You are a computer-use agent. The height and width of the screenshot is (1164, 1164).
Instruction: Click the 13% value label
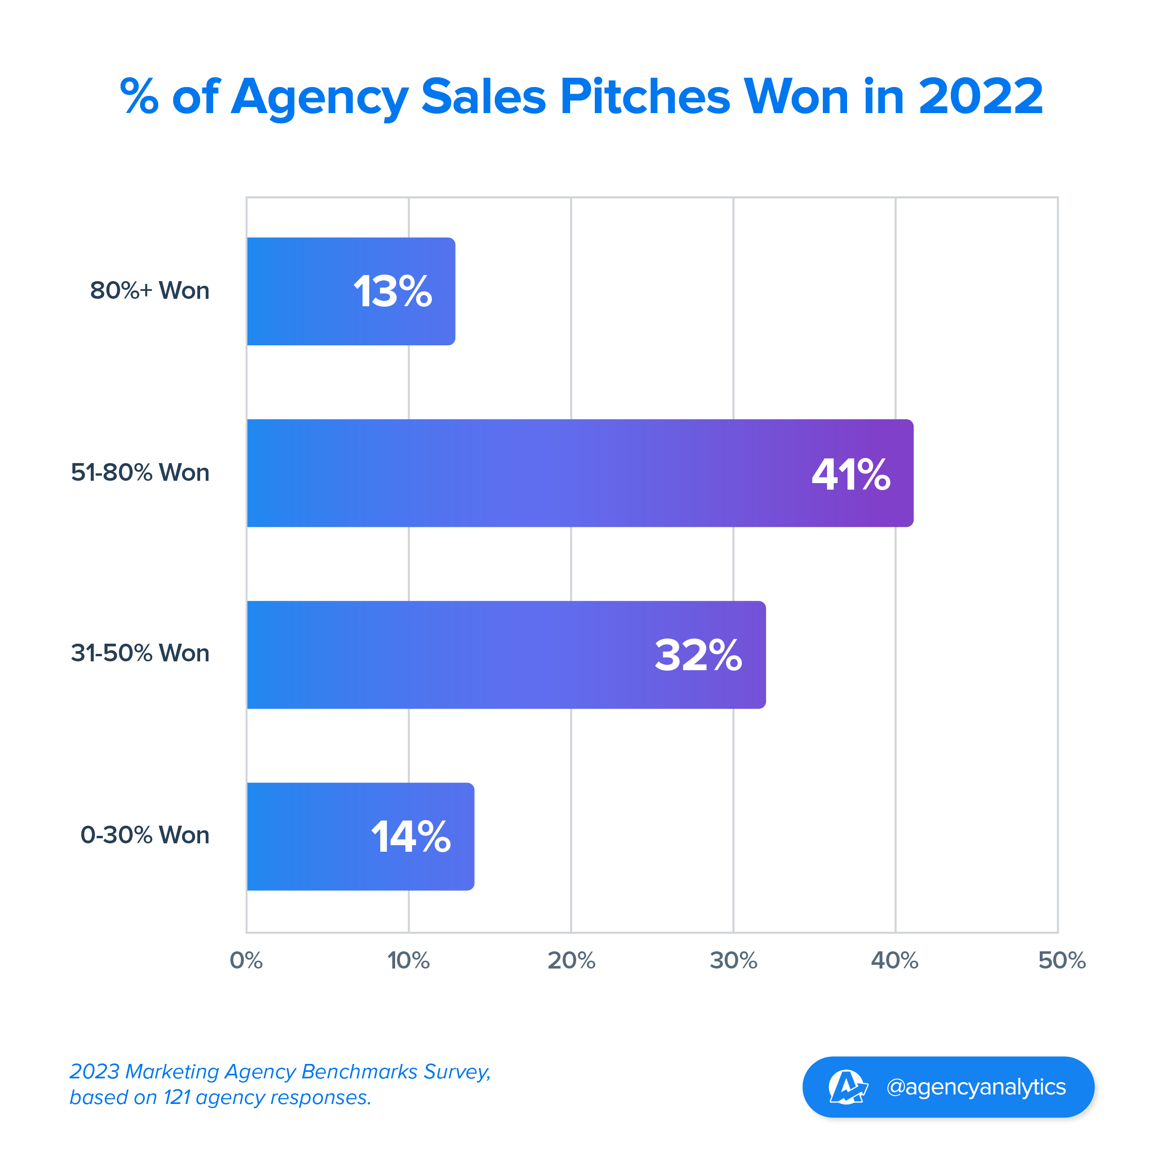click(x=392, y=292)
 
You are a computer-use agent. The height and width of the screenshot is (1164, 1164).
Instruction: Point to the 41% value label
click(x=851, y=474)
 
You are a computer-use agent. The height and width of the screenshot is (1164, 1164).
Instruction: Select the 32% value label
click(x=698, y=655)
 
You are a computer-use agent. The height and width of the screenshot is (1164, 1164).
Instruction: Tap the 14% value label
click(x=410, y=837)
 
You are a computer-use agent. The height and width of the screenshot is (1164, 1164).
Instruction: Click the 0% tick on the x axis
click(x=246, y=960)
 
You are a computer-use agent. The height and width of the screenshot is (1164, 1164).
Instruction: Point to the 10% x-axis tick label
click(x=409, y=960)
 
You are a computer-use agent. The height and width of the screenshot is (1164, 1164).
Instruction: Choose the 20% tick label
click(x=571, y=960)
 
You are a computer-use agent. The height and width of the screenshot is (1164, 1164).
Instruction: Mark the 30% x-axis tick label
click(x=733, y=960)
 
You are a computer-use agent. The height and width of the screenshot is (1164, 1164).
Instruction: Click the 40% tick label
click(x=895, y=960)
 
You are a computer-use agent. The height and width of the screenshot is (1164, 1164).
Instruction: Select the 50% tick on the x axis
click(x=1062, y=960)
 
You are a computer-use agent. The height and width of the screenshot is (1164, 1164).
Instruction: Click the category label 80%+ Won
click(x=149, y=290)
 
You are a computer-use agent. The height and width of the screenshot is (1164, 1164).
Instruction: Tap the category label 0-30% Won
click(x=145, y=835)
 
